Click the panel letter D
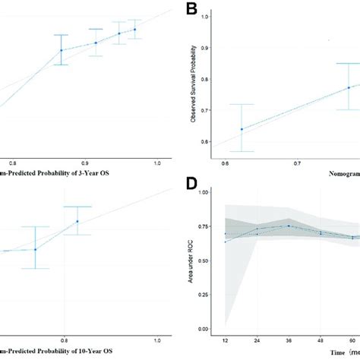click(x=191, y=185)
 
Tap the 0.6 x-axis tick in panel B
click(x=225, y=163)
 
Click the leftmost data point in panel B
click(x=242, y=129)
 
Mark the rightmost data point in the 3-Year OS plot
click(x=135, y=30)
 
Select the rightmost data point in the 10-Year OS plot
click(x=77, y=222)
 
